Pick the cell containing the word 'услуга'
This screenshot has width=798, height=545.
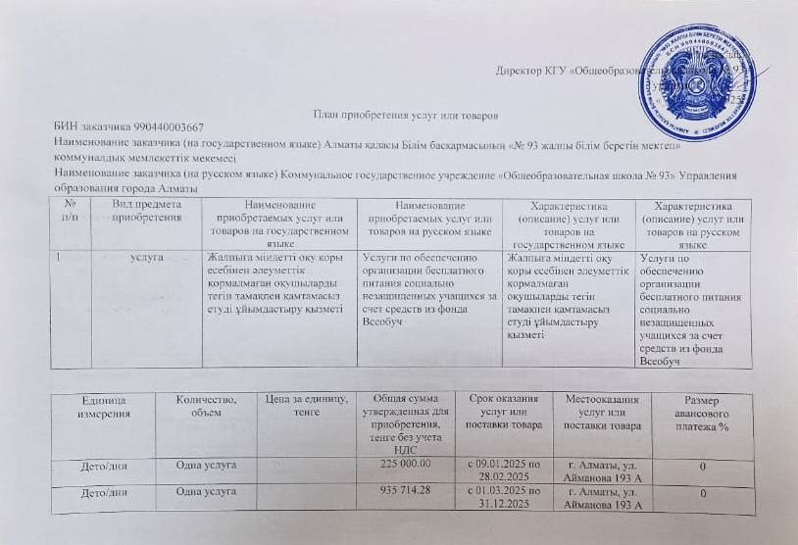146,257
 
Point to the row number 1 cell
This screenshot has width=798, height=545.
60,257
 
